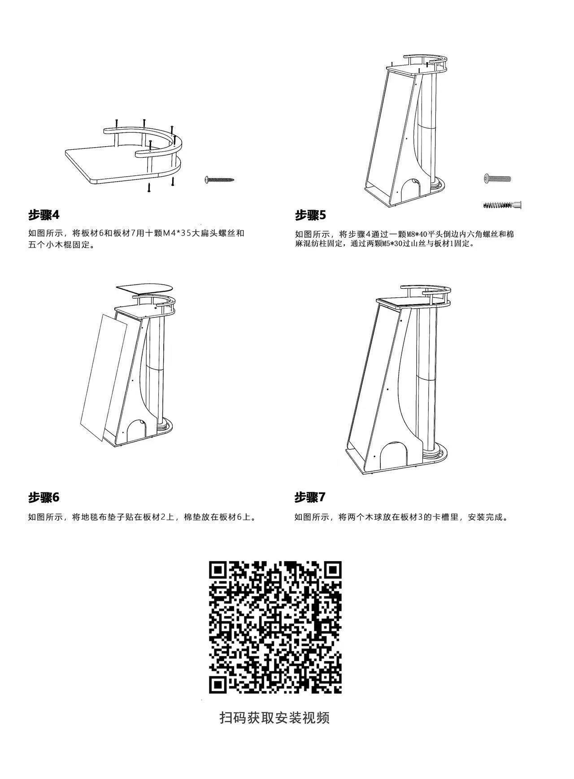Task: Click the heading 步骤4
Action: coord(44,215)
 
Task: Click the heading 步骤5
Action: coord(310,215)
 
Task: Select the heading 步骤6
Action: coord(44,497)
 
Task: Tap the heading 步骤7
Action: coord(310,497)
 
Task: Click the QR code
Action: coord(275,627)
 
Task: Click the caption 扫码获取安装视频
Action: coord(274,718)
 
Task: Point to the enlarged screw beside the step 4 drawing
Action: coord(220,180)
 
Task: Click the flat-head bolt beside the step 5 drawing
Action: coord(497,178)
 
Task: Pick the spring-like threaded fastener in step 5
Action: coord(502,205)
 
